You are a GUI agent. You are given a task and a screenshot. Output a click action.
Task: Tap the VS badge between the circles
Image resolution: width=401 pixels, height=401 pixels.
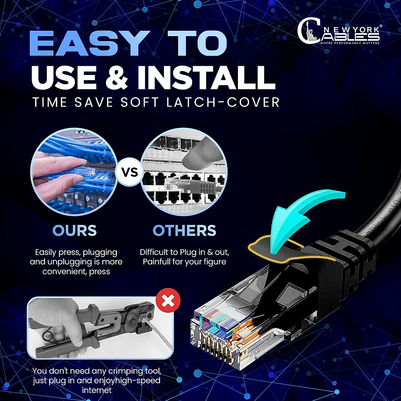click(x=130, y=172)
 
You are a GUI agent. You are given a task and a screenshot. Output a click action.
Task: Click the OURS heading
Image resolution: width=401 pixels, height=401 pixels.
click(x=75, y=231)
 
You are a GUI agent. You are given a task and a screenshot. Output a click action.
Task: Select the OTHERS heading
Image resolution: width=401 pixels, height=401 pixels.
click(x=184, y=231)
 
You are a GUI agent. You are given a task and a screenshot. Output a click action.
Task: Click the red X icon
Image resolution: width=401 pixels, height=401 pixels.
click(x=168, y=301)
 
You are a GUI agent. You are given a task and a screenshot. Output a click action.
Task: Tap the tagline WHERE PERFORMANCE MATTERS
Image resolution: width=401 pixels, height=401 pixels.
click(x=350, y=43)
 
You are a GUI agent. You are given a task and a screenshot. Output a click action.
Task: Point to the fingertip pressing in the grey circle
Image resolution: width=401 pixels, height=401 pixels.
click(x=197, y=152)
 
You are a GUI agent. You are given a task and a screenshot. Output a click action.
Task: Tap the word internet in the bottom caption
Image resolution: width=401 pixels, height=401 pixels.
click(x=97, y=390)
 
